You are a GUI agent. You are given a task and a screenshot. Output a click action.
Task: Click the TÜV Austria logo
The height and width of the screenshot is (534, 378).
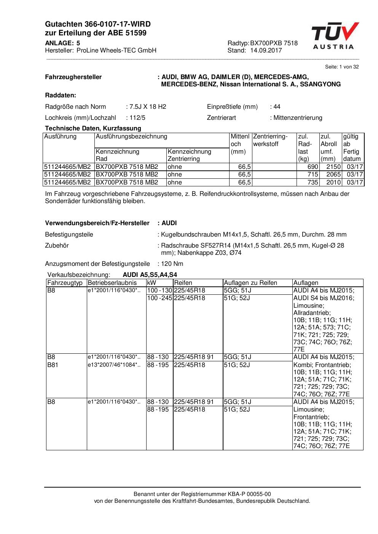click(x=335, y=36)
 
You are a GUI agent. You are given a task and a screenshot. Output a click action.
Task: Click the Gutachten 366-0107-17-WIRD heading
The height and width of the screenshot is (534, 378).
click(x=98, y=24)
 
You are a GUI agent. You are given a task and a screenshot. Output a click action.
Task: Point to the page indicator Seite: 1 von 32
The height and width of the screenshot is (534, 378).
click(x=341, y=67)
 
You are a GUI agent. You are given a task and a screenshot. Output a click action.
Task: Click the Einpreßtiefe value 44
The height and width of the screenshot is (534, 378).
click(x=277, y=107)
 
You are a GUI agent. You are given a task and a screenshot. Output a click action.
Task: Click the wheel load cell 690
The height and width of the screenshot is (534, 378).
click(x=313, y=167)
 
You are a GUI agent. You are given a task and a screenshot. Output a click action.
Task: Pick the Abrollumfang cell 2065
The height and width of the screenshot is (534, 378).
click(x=333, y=175)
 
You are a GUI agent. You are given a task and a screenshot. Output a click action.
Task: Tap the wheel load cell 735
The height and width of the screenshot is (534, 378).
click(x=313, y=182)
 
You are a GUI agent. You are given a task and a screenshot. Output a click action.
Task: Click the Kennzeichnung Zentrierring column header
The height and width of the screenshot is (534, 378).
click(x=189, y=155)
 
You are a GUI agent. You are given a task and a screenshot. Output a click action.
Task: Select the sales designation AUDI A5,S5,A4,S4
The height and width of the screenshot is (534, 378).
click(x=150, y=275)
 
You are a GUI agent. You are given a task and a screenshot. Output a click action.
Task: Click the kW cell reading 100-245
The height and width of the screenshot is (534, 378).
click(x=159, y=298)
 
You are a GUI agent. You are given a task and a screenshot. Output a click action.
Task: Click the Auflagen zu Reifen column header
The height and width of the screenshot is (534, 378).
click(x=250, y=283)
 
